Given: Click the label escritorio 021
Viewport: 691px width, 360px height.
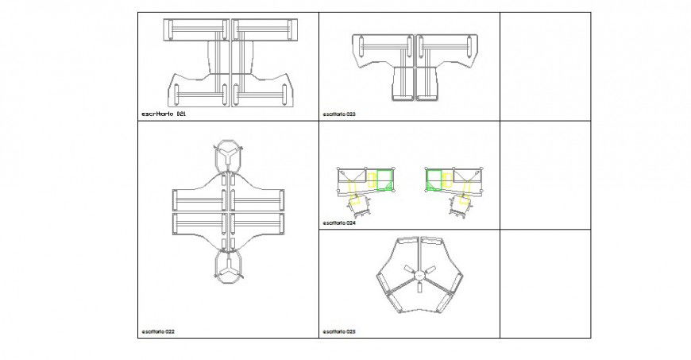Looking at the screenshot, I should [163, 114].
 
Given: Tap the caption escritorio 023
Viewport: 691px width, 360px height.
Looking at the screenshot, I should [339, 114].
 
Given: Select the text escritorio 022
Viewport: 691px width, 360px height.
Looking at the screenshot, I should [159, 331].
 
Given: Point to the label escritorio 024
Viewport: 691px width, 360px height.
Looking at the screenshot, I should [339, 223].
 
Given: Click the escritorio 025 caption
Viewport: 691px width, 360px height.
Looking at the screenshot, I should [339, 331].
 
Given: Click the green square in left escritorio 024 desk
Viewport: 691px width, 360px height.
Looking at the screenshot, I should [386, 180].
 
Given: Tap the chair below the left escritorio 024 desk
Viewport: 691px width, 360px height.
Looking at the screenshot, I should [361, 206].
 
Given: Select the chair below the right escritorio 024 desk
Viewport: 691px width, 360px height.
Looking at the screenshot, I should [459, 206].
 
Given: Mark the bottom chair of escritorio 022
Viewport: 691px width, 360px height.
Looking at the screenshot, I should [228, 267].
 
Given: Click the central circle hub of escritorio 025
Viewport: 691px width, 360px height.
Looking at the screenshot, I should [418, 275].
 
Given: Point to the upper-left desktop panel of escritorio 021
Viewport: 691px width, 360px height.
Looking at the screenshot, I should [195, 30].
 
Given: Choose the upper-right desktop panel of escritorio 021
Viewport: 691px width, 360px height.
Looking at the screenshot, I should [263, 30].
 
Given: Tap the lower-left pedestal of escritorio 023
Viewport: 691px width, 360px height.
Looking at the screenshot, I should [404, 83].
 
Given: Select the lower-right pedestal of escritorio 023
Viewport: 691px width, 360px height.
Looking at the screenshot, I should [430, 83].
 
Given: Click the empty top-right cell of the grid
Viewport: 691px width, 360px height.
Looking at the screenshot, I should [545, 66].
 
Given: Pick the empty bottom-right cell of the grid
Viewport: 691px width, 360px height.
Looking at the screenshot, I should [545, 284].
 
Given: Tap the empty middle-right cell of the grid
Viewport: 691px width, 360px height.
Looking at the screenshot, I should [545, 175].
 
